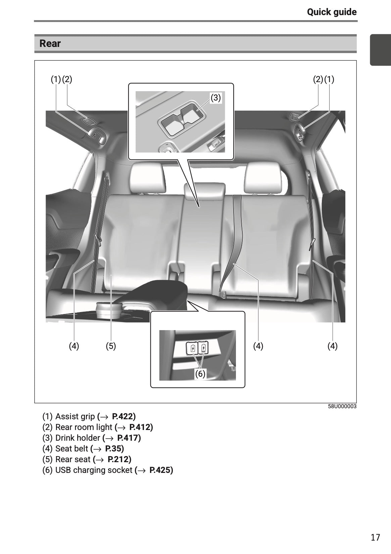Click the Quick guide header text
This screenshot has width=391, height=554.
[x=332, y=12]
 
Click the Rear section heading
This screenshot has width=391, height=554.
[x=50, y=44]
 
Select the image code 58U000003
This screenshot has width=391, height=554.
[x=342, y=407]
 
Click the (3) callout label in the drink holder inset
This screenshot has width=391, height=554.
[x=215, y=98]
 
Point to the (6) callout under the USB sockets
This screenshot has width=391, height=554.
[x=200, y=374]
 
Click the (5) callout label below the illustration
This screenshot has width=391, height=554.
[x=111, y=346]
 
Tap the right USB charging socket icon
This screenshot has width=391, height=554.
[x=204, y=349]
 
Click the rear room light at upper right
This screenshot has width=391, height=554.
[x=294, y=117]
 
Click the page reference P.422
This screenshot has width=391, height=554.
[x=124, y=417]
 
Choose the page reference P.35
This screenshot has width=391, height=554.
[x=114, y=448]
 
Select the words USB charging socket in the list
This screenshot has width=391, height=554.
[x=94, y=470]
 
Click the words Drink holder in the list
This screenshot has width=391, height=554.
[x=78, y=438]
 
